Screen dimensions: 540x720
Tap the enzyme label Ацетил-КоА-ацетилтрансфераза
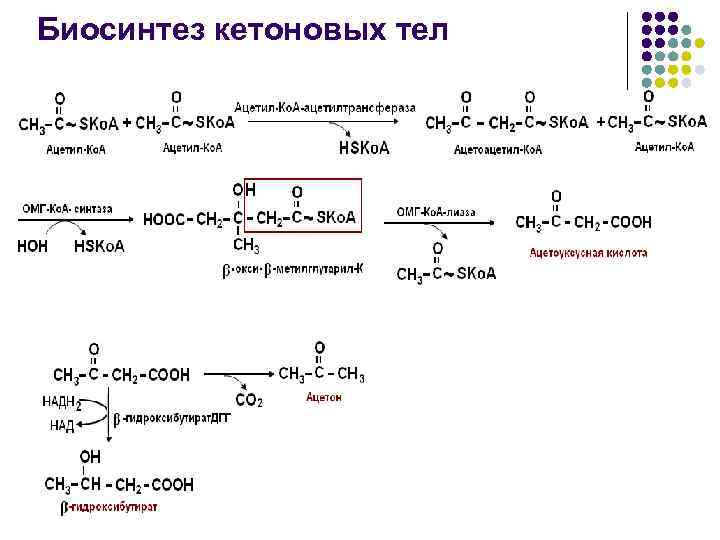(325, 107)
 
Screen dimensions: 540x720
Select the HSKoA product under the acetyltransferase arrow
(364, 149)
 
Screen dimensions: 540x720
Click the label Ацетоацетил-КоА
(497, 149)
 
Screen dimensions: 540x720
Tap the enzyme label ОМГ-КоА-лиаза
(435, 211)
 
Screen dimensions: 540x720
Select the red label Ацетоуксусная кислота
(588, 253)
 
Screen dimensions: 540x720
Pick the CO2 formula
(249, 401)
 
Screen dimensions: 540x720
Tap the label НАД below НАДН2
(61, 426)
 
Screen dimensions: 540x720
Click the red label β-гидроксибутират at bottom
(109, 507)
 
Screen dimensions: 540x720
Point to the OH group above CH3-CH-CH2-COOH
(90, 457)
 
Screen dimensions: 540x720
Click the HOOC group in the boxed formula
(165, 219)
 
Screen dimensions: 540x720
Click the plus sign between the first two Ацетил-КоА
(127, 123)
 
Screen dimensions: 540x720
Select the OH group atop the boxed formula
(244, 189)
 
